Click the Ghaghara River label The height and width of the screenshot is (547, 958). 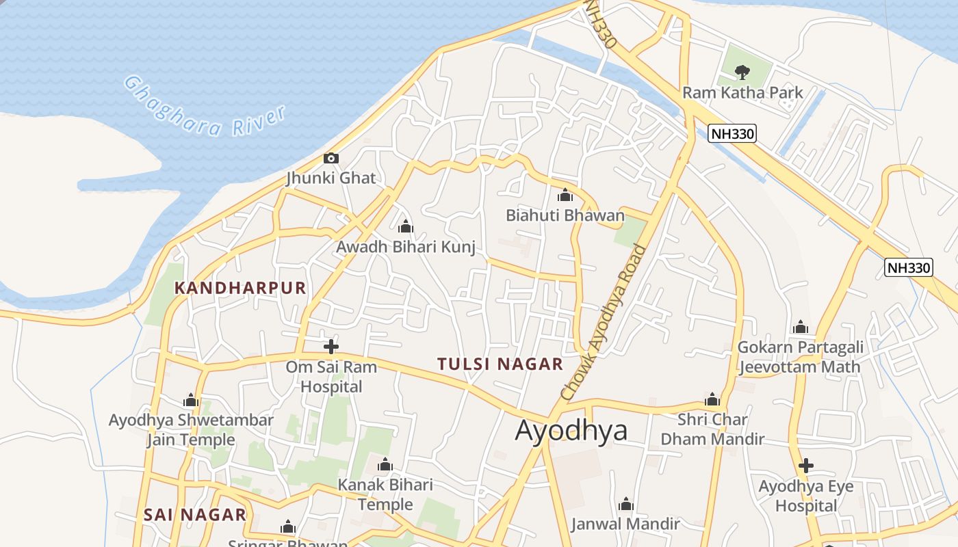click(204, 107)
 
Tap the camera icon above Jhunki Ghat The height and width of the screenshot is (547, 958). click(331, 159)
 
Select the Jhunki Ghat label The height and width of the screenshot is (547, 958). click(331, 178)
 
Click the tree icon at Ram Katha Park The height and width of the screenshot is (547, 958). click(741, 72)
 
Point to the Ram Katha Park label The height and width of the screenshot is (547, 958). click(742, 92)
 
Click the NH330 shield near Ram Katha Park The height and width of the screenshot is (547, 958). click(732, 133)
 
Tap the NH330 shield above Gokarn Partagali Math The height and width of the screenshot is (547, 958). click(909, 267)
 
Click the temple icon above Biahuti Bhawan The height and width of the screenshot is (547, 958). click(565, 196)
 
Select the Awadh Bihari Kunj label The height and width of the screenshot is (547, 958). click(406, 246)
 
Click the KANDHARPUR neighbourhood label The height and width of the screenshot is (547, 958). click(240, 288)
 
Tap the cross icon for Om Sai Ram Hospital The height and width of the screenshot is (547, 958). click(331, 346)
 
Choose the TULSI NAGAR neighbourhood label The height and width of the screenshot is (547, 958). click(500, 364)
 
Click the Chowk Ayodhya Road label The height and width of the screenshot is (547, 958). click(603, 322)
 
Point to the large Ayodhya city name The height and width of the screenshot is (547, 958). click(571, 430)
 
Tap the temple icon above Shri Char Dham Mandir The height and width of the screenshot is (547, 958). click(712, 399)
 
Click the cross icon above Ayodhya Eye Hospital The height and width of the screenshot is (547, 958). click(806, 466)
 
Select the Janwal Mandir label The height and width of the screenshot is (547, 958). click(625, 524)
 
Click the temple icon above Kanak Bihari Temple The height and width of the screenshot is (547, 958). click(385, 466)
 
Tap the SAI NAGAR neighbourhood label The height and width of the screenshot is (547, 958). click(195, 515)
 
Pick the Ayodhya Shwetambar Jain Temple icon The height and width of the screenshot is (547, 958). click(191, 400)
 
